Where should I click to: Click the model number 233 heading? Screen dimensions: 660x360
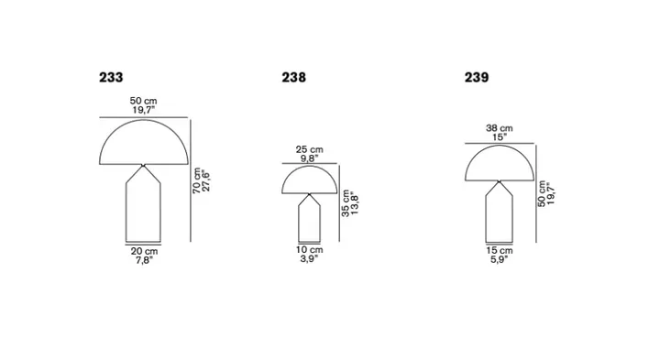pyautogui.click(x=111, y=77)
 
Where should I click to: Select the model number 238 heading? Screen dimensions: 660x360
pyautogui.click(x=294, y=77)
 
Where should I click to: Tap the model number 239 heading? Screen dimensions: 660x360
pyautogui.click(x=477, y=77)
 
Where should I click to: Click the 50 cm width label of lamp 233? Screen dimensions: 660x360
pyautogui.click(x=143, y=101)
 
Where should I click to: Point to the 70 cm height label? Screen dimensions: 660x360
pyautogui.click(x=196, y=180)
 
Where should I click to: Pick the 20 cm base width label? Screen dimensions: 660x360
pyautogui.click(x=144, y=251)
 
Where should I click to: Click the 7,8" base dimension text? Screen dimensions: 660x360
pyautogui.click(x=144, y=260)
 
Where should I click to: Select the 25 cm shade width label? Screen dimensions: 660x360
pyautogui.click(x=310, y=149)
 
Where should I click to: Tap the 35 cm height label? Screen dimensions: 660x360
pyautogui.click(x=346, y=203)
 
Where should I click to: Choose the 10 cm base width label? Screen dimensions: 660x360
pyautogui.click(x=310, y=249)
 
